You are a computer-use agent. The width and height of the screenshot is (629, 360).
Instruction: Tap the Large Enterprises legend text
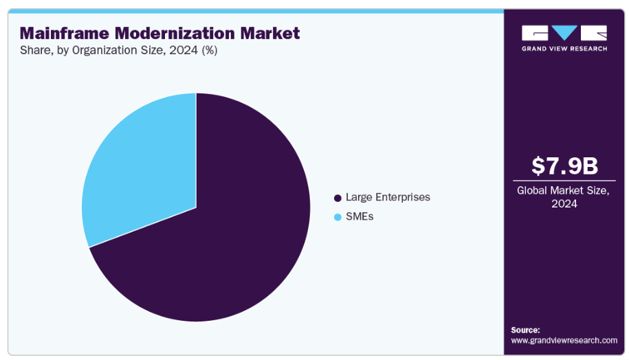pyautogui.click(x=388, y=197)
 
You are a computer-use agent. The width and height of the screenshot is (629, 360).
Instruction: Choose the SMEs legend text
pyautogui.click(x=360, y=217)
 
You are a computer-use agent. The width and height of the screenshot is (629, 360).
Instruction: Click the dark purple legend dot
pyautogui.click(x=338, y=198)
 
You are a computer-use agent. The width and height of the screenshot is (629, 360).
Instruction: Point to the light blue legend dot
pyautogui.click(x=338, y=218)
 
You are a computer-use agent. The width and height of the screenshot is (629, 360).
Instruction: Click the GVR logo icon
pyautogui.click(x=564, y=33)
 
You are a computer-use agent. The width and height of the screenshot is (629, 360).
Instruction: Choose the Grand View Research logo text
pyautogui.click(x=564, y=49)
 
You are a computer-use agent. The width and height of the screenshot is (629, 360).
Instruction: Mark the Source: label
pyautogui.click(x=526, y=330)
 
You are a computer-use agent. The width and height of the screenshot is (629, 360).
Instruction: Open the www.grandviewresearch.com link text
pyautogui.click(x=564, y=340)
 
